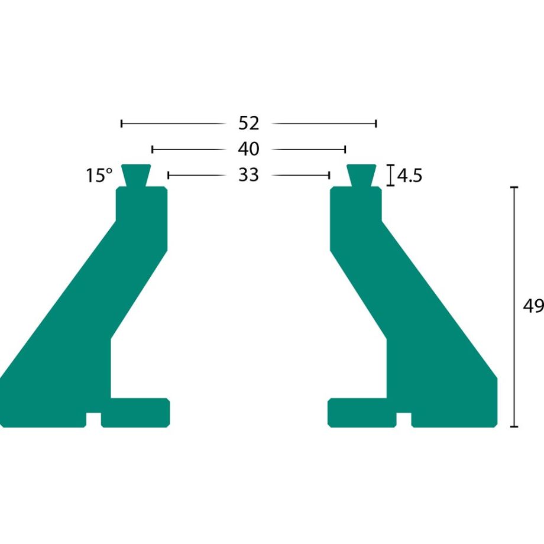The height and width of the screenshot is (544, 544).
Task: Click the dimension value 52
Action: tap(249, 123)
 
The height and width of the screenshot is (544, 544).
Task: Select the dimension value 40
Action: tap(249, 149)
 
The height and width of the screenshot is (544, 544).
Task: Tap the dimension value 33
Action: tap(249, 175)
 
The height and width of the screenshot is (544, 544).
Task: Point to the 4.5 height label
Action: tap(410, 176)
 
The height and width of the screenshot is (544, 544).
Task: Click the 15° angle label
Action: tap(99, 176)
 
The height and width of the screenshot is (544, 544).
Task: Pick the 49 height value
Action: tap(533, 306)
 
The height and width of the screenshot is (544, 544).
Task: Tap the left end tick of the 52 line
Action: tap(122, 124)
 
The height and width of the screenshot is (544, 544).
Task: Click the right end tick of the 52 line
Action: tap(376, 124)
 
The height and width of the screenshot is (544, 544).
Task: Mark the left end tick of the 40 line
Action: tap(153, 149)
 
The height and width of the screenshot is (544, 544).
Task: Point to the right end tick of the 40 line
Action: tap(345, 149)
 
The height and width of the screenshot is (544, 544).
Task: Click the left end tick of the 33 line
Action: tap(169, 175)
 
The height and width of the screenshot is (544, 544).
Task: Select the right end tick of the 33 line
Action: tap(329, 175)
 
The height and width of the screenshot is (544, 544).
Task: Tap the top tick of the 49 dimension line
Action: tap(514, 187)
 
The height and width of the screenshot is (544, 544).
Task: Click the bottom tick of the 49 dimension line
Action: tap(514, 426)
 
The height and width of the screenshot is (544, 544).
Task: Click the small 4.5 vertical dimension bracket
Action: tap(390, 176)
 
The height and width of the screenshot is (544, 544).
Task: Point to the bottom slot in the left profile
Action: tap(93, 420)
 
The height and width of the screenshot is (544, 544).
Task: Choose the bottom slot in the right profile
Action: tap(404, 420)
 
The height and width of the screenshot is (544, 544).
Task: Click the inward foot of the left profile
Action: tap(140, 412)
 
